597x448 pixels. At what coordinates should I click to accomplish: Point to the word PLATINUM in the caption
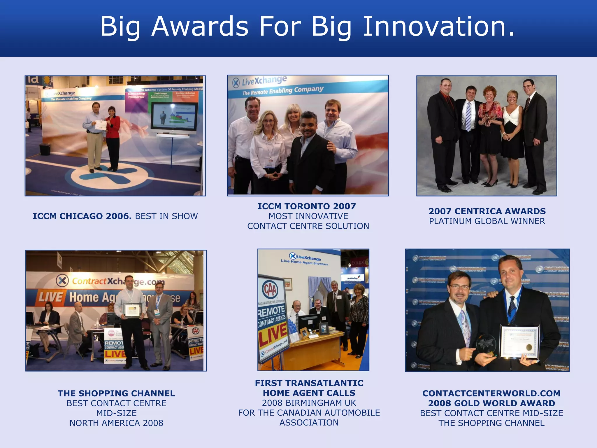450,221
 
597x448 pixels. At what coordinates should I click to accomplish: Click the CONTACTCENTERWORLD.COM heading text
491,393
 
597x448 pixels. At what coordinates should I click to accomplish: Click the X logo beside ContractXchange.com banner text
62,281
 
